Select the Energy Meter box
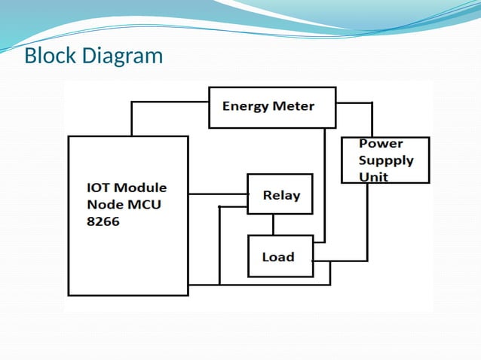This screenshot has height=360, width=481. tap(271, 107)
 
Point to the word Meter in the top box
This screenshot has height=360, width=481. tap(294, 106)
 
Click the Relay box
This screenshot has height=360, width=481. tap(280, 195)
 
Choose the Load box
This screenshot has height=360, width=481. tap(280, 256)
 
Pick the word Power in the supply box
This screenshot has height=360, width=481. tap(381, 143)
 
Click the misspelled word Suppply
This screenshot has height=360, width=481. tap(386, 160)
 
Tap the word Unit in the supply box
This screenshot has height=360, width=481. tap(374, 177)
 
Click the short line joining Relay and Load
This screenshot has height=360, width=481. tap(273, 225)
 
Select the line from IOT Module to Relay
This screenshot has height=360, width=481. tap(217, 194)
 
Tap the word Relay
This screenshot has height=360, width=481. tap(281, 196)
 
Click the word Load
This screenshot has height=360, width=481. tap(277, 257)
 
